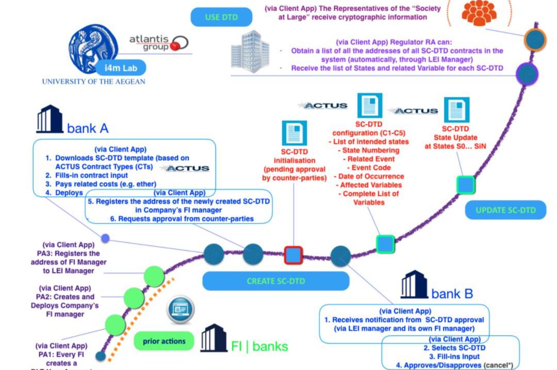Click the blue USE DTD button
(x=221, y=17)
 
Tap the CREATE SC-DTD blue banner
(x=275, y=281)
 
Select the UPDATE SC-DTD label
(x=505, y=210)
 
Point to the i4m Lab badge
(x=123, y=67)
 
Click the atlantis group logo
(x=158, y=43)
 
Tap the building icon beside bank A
(x=49, y=120)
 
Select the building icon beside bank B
(x=414, y=284)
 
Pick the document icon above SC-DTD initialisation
(x=294, y=133)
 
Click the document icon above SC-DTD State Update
(x=456, y=110)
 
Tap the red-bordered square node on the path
(x=293, y=255)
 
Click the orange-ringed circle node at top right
(x=535, y=39)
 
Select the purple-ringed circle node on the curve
(x=527, y=73)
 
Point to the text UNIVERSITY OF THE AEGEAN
(x=93, y=82)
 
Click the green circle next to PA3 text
(x=154, y=276)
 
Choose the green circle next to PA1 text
(x=115, y=324)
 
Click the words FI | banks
(x=259, y=346)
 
